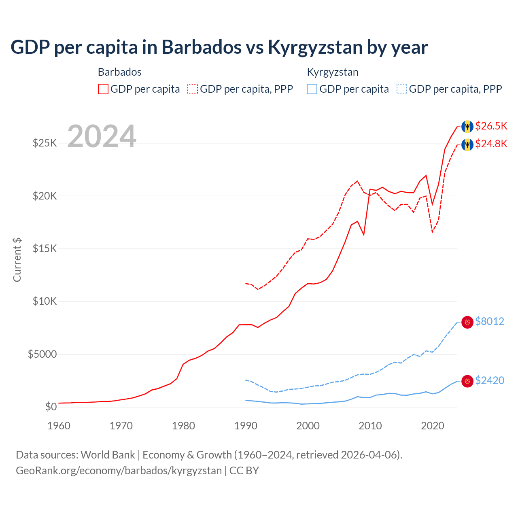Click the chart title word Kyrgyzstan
pos(315,47)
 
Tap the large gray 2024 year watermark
pos(102,136)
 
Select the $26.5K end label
pos(491,126)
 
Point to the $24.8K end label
pos(491,144)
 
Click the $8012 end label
pos(489,321)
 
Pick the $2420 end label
pos(489,380)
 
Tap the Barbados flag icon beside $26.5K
pos(467,126)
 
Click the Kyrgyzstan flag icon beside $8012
pos(467,322)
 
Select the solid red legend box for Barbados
pos(103,89)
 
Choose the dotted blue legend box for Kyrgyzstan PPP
pos(402,89)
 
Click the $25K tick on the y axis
pos(45,143)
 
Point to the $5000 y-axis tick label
pos(42,354)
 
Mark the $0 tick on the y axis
pos(51,407)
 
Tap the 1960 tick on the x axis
pos(59,426)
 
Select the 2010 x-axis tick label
pos(370,426)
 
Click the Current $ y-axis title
pos(17,260)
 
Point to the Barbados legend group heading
pos(120,72)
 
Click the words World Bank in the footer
pos(108,455)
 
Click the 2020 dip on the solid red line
pos(432,204)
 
